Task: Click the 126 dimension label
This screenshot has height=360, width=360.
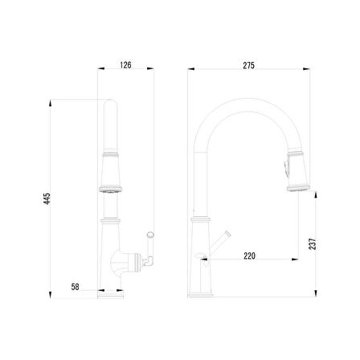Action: point(125,65)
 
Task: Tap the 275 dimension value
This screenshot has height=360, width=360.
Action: point(249,66)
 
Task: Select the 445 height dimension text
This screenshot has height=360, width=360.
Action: point(47,198)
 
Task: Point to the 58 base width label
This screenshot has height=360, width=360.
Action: point(76,287)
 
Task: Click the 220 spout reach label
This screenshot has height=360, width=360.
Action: point(249,256)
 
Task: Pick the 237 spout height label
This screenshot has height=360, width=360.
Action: point(313,244)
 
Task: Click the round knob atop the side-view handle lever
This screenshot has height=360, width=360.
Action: point(150,235)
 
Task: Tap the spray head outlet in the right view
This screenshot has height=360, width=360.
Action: point(298,189)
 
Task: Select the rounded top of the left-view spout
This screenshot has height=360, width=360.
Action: point(110,102)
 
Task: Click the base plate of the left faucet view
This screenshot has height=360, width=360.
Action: point(110,295)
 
